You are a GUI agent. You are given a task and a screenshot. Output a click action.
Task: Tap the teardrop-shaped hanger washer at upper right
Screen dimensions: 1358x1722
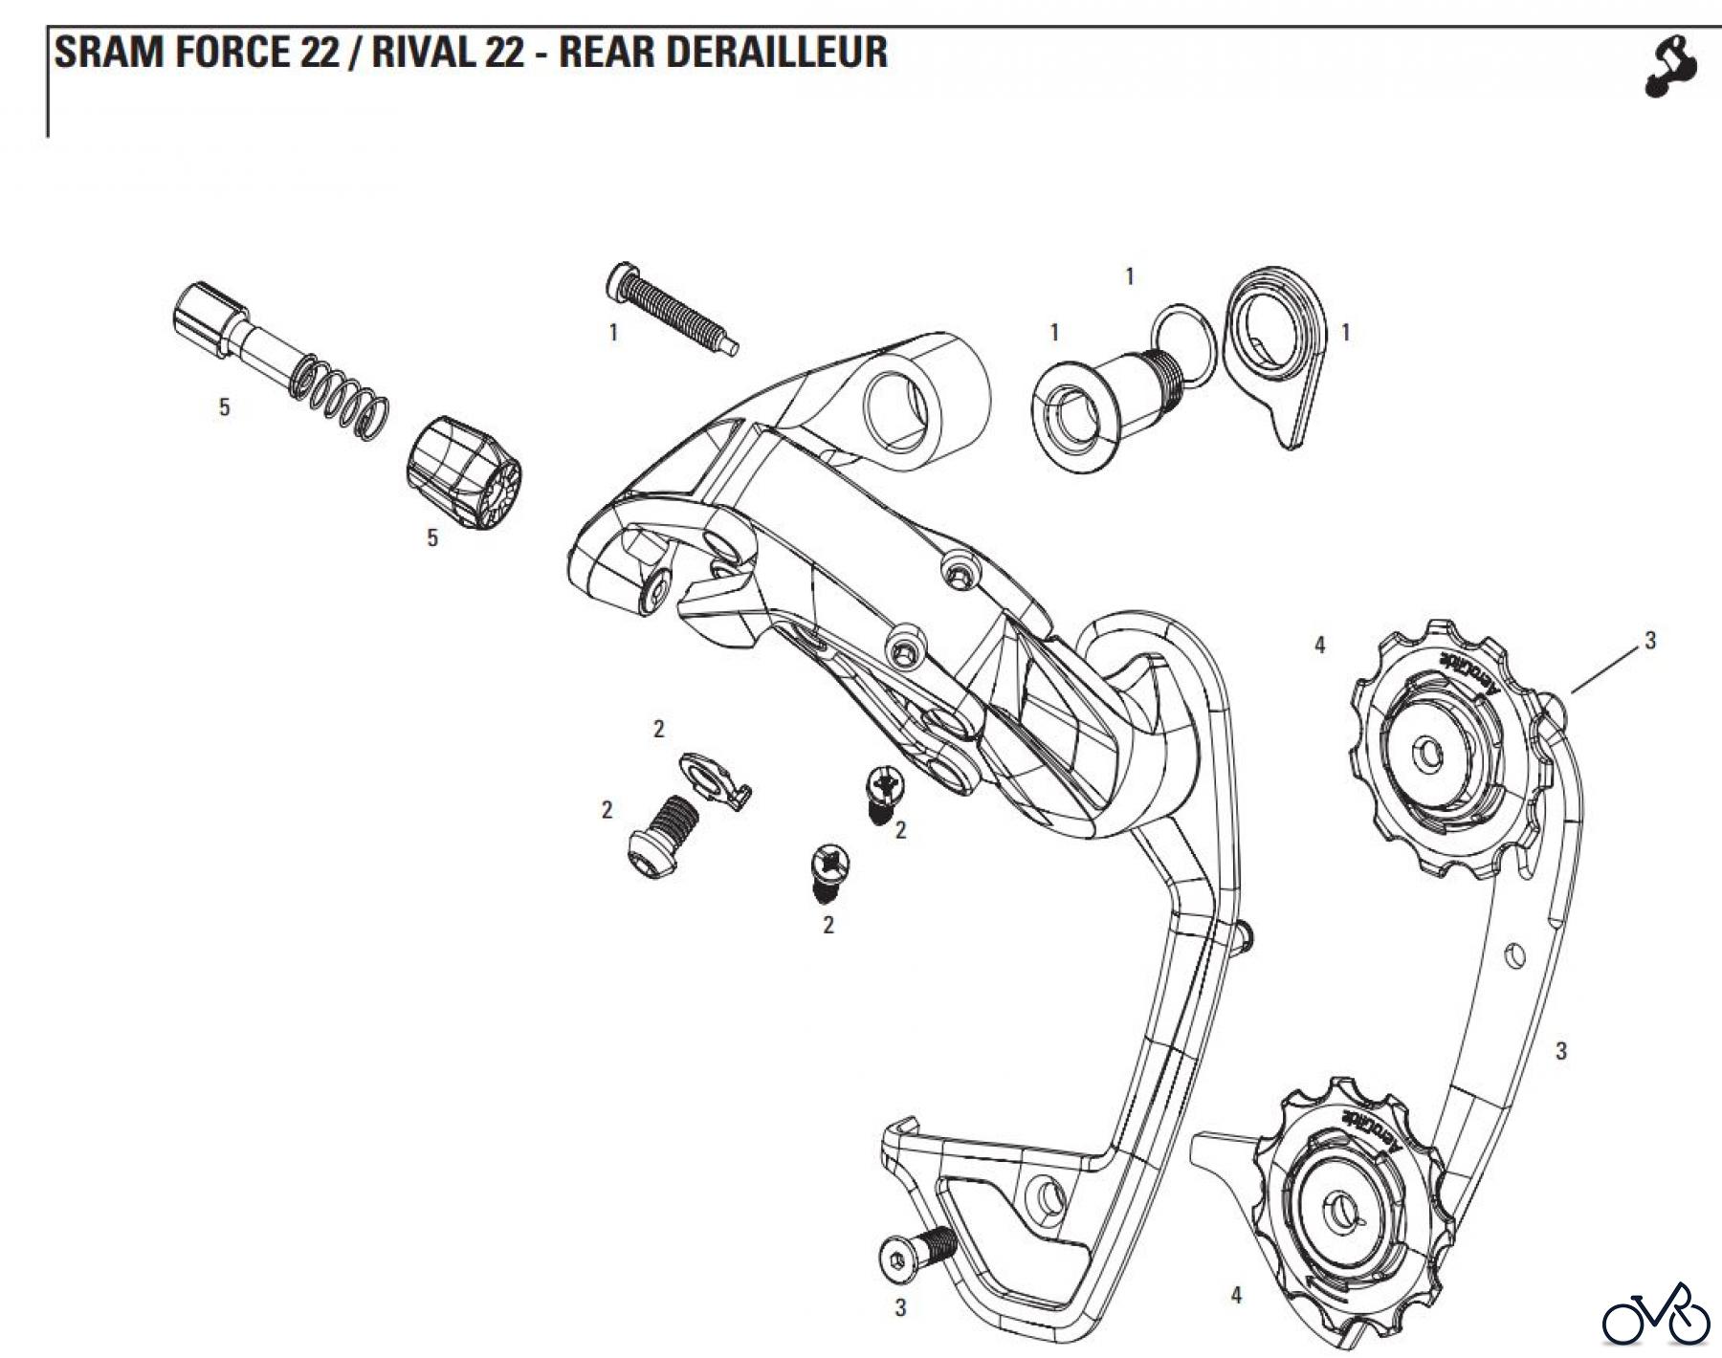(1270, 355)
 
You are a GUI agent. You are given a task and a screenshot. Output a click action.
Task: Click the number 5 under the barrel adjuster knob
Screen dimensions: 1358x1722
(432, 538)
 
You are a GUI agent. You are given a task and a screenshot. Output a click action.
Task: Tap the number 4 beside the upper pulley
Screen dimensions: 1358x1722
(1320, 646)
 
